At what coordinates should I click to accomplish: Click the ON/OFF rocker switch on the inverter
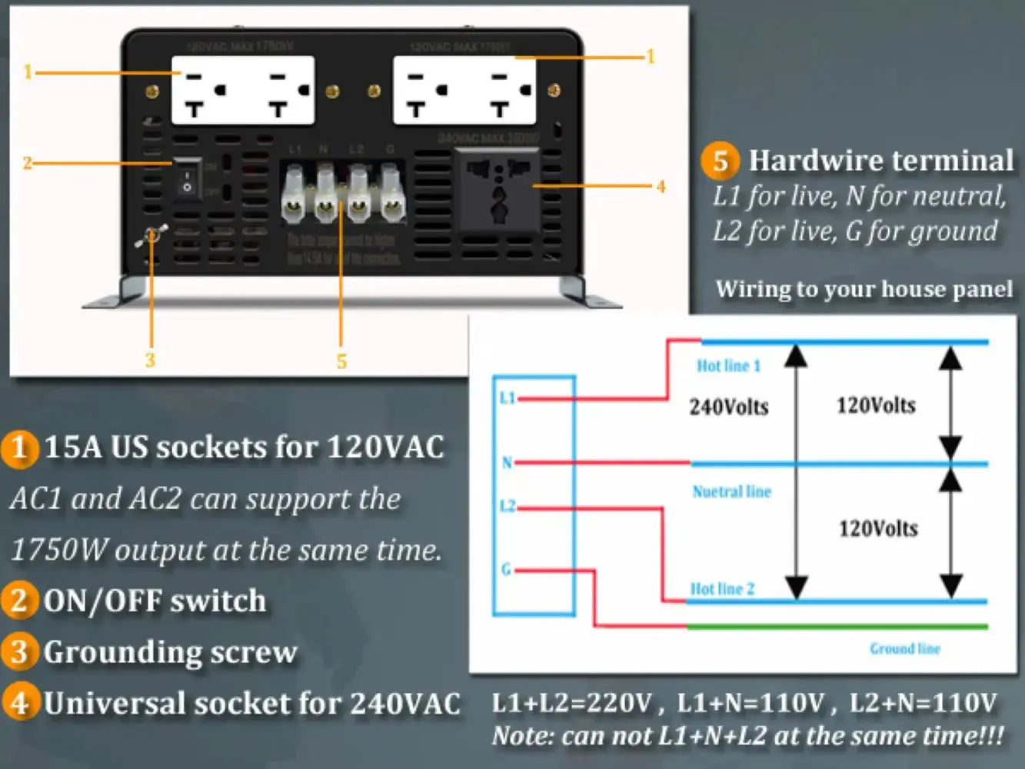click(x=187, y=178)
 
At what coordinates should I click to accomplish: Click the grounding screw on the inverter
click(x=151, y=235)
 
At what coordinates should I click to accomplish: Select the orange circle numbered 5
click(x=720, y=161)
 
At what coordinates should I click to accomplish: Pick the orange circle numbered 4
click(x=19, y=703)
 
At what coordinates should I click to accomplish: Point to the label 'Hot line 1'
click(x=728, y=366)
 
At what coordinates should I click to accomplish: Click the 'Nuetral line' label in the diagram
click(x=731, y=491)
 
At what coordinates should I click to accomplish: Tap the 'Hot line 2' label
click(x=722, y=589)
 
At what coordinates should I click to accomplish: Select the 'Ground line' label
click(x=905, y=649)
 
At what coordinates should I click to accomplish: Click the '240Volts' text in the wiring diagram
click(x=728, y=407)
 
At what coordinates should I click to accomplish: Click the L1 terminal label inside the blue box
click(x=507, y=398)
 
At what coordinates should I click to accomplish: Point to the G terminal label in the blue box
click(x=506, y=570)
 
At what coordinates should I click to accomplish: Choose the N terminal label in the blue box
click(x=507, y=462)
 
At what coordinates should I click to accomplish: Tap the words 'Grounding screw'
click(x=170, y=652)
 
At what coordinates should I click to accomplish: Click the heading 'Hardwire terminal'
click(x=881, y=161)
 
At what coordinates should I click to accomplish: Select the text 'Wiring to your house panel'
click(x=864, y=289)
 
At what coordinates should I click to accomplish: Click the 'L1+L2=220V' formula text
click(x=571, y=703)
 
